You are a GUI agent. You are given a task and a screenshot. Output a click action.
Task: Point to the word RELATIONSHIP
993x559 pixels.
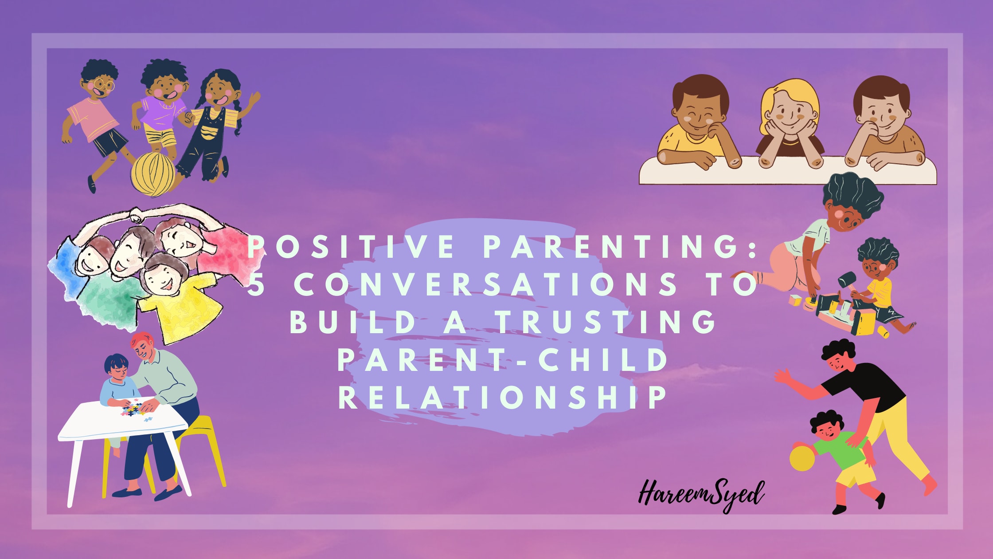click(503, 397)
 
